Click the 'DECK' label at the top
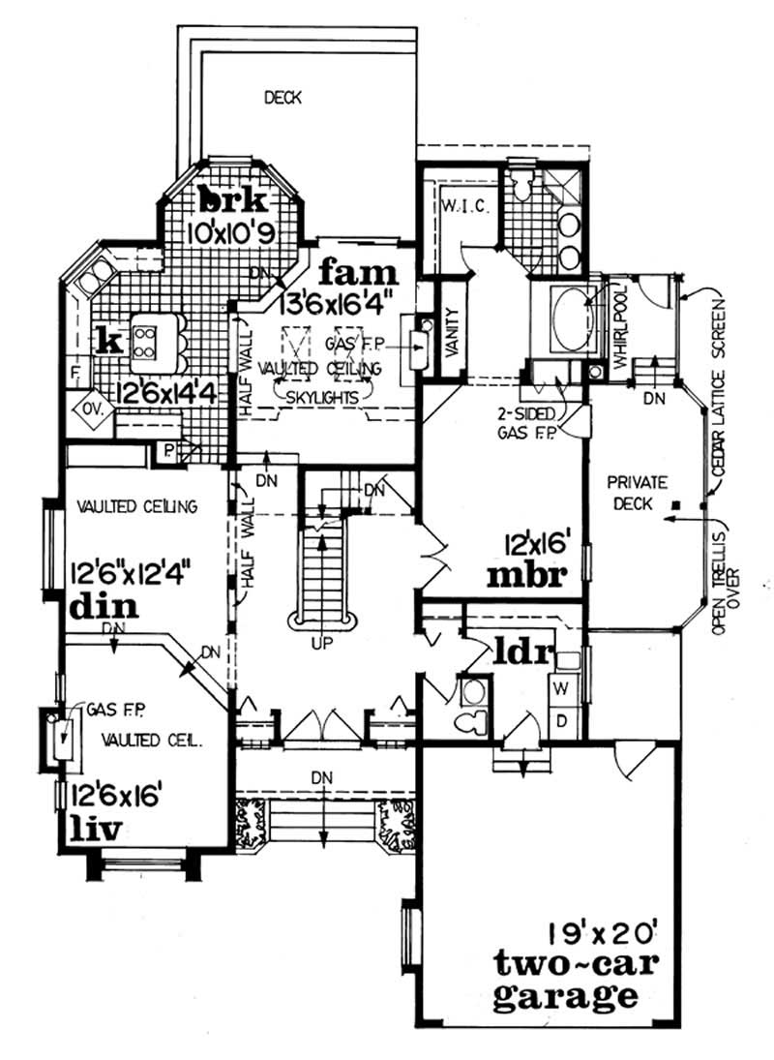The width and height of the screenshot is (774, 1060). [283, 97]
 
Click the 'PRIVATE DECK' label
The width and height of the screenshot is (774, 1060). [634, 492]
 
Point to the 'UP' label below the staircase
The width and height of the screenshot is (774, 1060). [324, 642]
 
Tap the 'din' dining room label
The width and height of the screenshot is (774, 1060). [103, 608]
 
